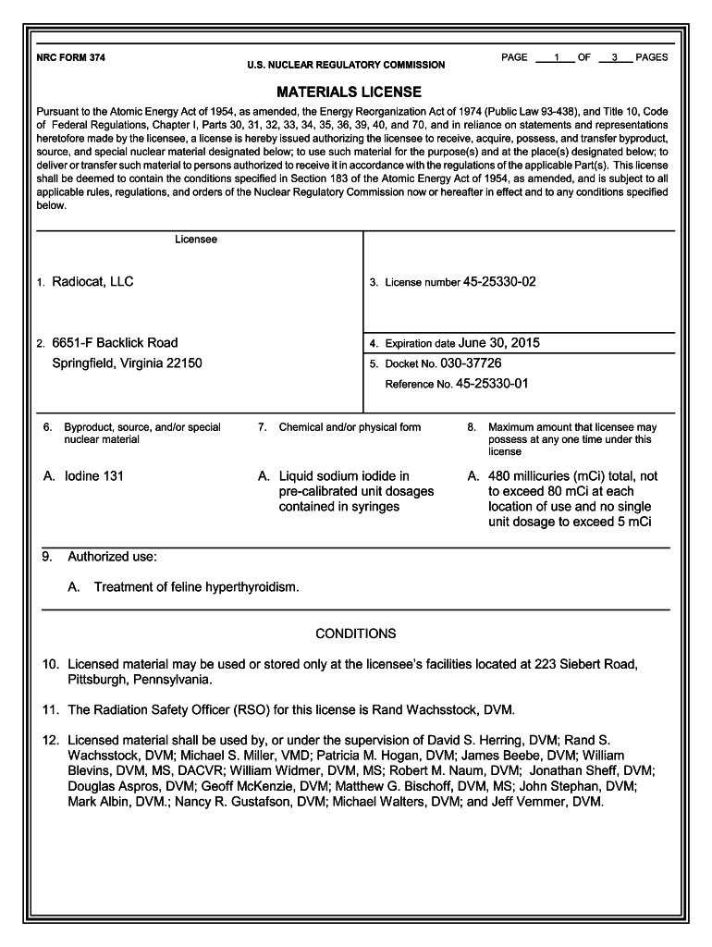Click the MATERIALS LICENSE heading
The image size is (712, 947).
(x=349, y=92)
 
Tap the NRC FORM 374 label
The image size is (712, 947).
(x=70, y=57)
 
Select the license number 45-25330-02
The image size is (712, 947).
(x=498, y=281)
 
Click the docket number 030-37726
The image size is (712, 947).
(x=471, y=363)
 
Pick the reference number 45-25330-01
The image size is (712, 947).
(x=492, y=384)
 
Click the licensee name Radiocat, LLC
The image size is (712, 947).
(x=92, y=281)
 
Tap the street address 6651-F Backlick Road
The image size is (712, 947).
(x=115, y=343)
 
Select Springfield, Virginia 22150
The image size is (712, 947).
(x=127, y=363)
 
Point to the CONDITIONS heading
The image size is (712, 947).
(x=355, y=633)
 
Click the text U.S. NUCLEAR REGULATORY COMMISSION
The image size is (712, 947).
(x=345, y=66)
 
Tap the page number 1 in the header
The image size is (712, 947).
(x=556, y=58)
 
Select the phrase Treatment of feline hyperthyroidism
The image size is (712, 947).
(x=196, y=587)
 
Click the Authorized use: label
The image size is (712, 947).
(x=112, y=558)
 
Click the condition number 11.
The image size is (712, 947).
(x=50, y=710)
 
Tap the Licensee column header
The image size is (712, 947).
(x=196, y=240)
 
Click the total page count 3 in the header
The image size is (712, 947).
(x=614, y=58)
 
